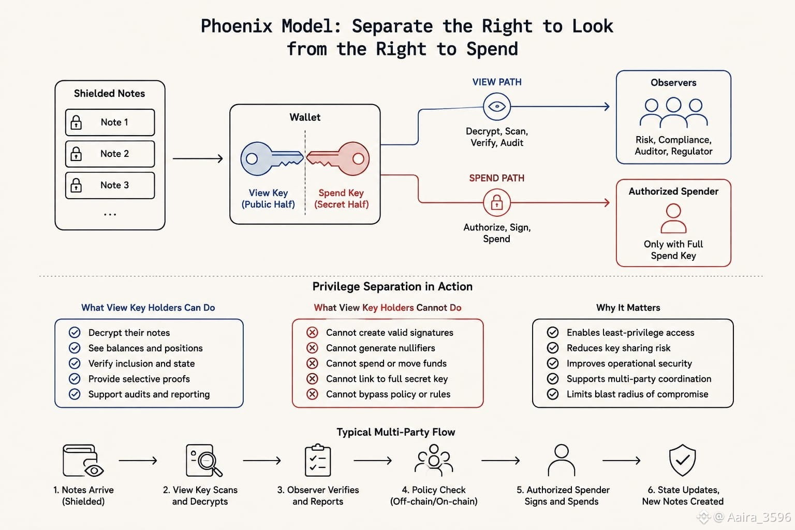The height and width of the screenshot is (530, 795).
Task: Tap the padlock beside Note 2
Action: click(76, 154)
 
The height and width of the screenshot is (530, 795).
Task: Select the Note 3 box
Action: click(110, 185)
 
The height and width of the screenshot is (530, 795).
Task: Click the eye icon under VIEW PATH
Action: click(497, 107)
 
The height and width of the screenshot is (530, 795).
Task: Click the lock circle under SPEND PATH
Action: click(497, 203)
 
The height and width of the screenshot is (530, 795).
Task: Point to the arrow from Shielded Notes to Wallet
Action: click(198, 158)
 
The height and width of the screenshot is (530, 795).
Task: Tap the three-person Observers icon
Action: click(673, 112)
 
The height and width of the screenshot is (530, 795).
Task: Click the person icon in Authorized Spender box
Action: click(673, 218)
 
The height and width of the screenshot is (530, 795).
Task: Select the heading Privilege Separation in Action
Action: click(392, 286)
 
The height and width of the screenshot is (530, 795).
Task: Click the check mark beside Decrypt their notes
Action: click(75, 332)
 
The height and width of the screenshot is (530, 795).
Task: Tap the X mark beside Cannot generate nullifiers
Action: click(312, 348)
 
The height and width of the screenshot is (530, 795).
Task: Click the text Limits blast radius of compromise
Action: click(638, 394)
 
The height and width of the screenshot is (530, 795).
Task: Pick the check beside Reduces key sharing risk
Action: click(553, 348)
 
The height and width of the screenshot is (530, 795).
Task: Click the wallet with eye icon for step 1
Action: click(83, 461)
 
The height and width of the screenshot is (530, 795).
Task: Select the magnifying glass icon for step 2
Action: click(204, 461)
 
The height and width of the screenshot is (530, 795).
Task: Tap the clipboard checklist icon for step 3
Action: click(318, 460)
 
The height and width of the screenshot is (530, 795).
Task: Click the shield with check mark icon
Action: click(682, 460)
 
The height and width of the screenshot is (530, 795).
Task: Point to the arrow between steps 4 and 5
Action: click(500, 461)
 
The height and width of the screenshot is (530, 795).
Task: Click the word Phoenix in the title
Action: click(237, 26)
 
